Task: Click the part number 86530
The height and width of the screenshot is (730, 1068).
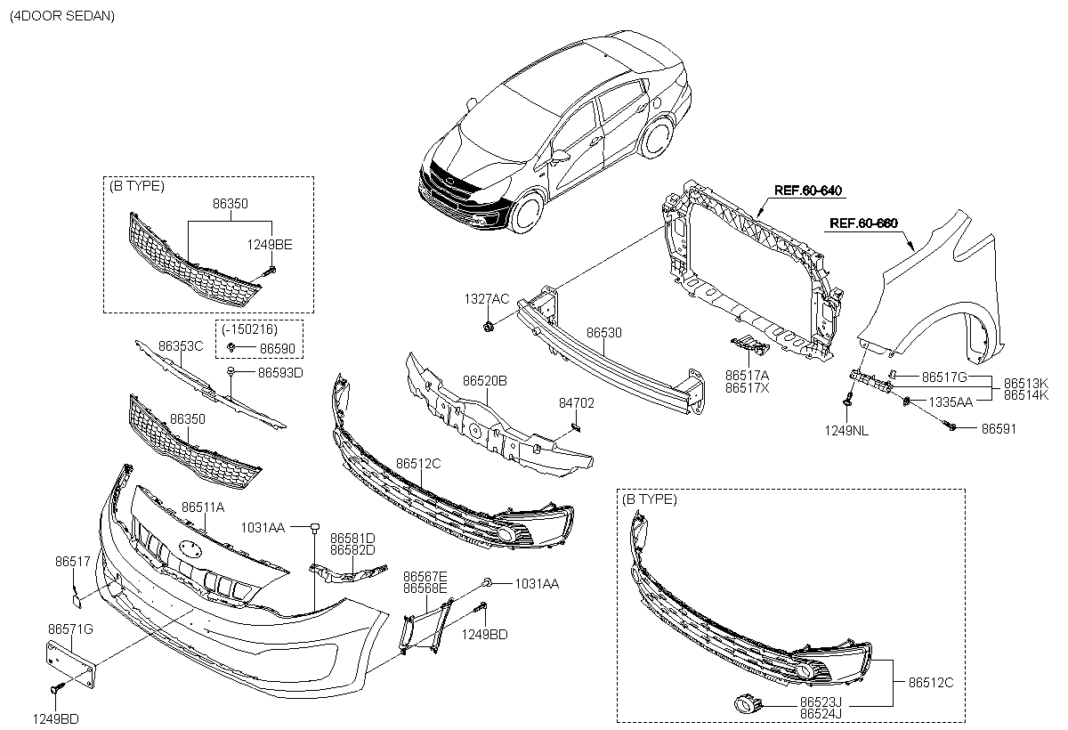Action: pyautogui.click(x=603, y=332)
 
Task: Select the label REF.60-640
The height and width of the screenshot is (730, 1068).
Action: pyautogui.click(x=808, y=191)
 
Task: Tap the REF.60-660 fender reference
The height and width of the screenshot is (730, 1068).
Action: pyautogui.click(x=862, y=223)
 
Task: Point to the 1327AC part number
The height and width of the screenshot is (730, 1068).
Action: pyautogui.click(x=486, y=299)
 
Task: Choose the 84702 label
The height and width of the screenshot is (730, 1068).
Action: pyautogui.click(x=577, y=403)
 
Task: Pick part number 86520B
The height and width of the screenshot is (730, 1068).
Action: pyautogui.click(x=484, y=380)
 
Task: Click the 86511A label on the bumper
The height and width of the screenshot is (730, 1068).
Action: pyautogui.click(x=203, y=507)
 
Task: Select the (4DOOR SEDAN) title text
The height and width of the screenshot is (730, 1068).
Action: pyautogui.click(x=62, y=16)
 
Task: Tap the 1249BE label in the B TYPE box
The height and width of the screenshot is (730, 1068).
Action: pyautogui.click(x=271, y=243)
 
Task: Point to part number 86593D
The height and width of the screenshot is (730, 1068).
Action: pyautogui.click(x=280, y=372)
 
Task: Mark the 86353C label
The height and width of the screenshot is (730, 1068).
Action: pyautogui.click(x=181, y=345)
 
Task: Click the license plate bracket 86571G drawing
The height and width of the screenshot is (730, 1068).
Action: pyautogui.click(x=72, y=661)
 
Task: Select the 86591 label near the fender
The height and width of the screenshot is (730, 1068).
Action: pyautogui.click(x=999, y=428)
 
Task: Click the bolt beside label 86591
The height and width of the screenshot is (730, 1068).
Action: pyautogui.click(x=952, y=428)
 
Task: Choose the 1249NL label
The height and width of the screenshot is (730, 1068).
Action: pyautogui.click(x=853, y=431)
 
